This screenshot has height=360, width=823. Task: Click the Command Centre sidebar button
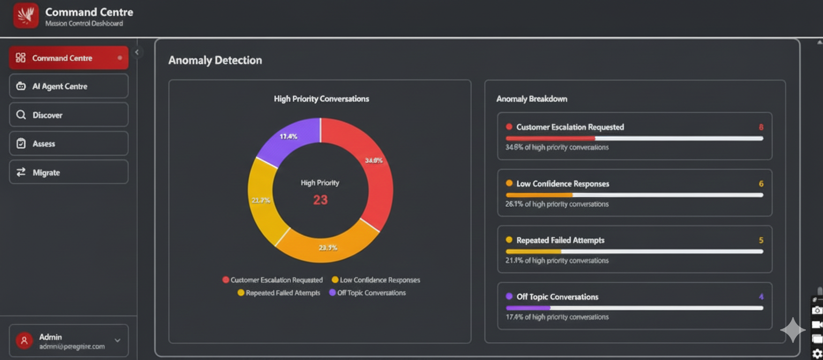click(69, 58)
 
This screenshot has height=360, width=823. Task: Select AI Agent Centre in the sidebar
click(69, 86)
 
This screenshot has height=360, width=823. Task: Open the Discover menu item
click(69, 115)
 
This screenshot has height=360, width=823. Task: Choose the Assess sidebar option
click(69, 144)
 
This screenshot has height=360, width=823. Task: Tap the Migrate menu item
click(69, 172)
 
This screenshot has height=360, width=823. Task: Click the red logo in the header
click(26, 15)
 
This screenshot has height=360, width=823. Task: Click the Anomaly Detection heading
click(215, 61)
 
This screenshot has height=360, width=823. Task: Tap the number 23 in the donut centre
click(320, 200)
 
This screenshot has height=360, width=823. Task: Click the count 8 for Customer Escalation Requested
click(761, 127)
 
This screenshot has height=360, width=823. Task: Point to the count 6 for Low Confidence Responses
click(761, 184)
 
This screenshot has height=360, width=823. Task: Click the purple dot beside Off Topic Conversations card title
click(509, 297)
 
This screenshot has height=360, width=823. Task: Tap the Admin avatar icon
click(24, 341)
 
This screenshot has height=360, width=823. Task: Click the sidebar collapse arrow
click(137, 52)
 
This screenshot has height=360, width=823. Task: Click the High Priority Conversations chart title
click(321, 99)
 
